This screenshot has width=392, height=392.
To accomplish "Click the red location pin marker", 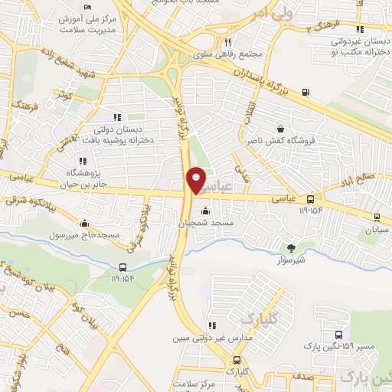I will tap(196, 178).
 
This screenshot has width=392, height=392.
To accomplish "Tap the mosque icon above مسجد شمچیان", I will tap(204, 211).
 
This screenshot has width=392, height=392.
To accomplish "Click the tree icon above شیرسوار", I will tap(290, 247).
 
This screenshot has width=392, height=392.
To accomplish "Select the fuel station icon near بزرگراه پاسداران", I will tap(306, 93).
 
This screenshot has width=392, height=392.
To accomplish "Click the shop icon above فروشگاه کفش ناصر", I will tap(280, 129).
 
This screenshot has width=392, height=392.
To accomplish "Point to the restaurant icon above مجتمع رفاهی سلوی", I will tap(227, 43).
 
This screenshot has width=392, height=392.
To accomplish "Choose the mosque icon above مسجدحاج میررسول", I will tap(84, 223).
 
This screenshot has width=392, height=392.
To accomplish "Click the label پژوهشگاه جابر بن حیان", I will tap(83, 179).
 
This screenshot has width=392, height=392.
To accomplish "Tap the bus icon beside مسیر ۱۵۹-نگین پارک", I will tap(338, 335).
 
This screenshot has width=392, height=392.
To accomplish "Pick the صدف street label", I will tap(320, 377).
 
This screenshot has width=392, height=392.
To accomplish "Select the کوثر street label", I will tap(64, 96).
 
